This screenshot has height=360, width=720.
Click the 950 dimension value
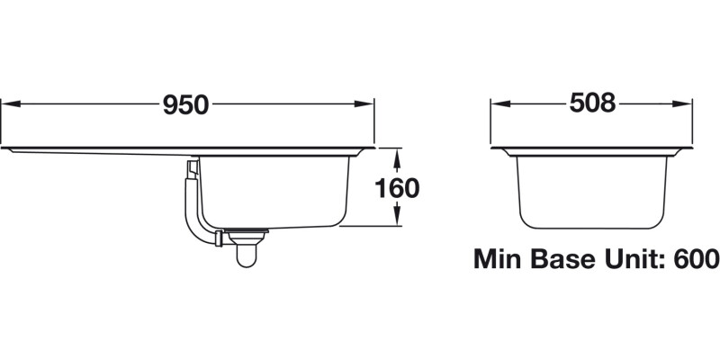186,105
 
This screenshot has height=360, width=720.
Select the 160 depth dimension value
396,189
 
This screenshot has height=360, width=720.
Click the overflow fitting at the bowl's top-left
193,167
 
